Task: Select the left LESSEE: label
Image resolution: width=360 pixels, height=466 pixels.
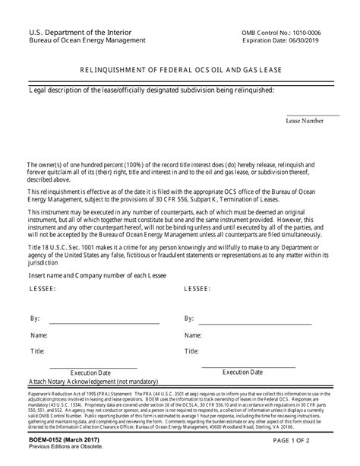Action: (x=43, y=290)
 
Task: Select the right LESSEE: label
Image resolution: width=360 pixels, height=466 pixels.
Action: (x=200, y=290)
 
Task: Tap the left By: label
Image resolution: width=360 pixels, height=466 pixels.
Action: (x=35, y=318)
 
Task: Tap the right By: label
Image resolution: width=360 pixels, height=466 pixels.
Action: (x=190, y=318)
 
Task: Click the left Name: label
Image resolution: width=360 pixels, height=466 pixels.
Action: (x=39, y=334)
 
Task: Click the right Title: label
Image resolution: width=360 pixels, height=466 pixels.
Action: (x=191, y=351)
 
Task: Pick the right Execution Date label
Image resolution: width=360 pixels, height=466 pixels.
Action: (x=243, y=372)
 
